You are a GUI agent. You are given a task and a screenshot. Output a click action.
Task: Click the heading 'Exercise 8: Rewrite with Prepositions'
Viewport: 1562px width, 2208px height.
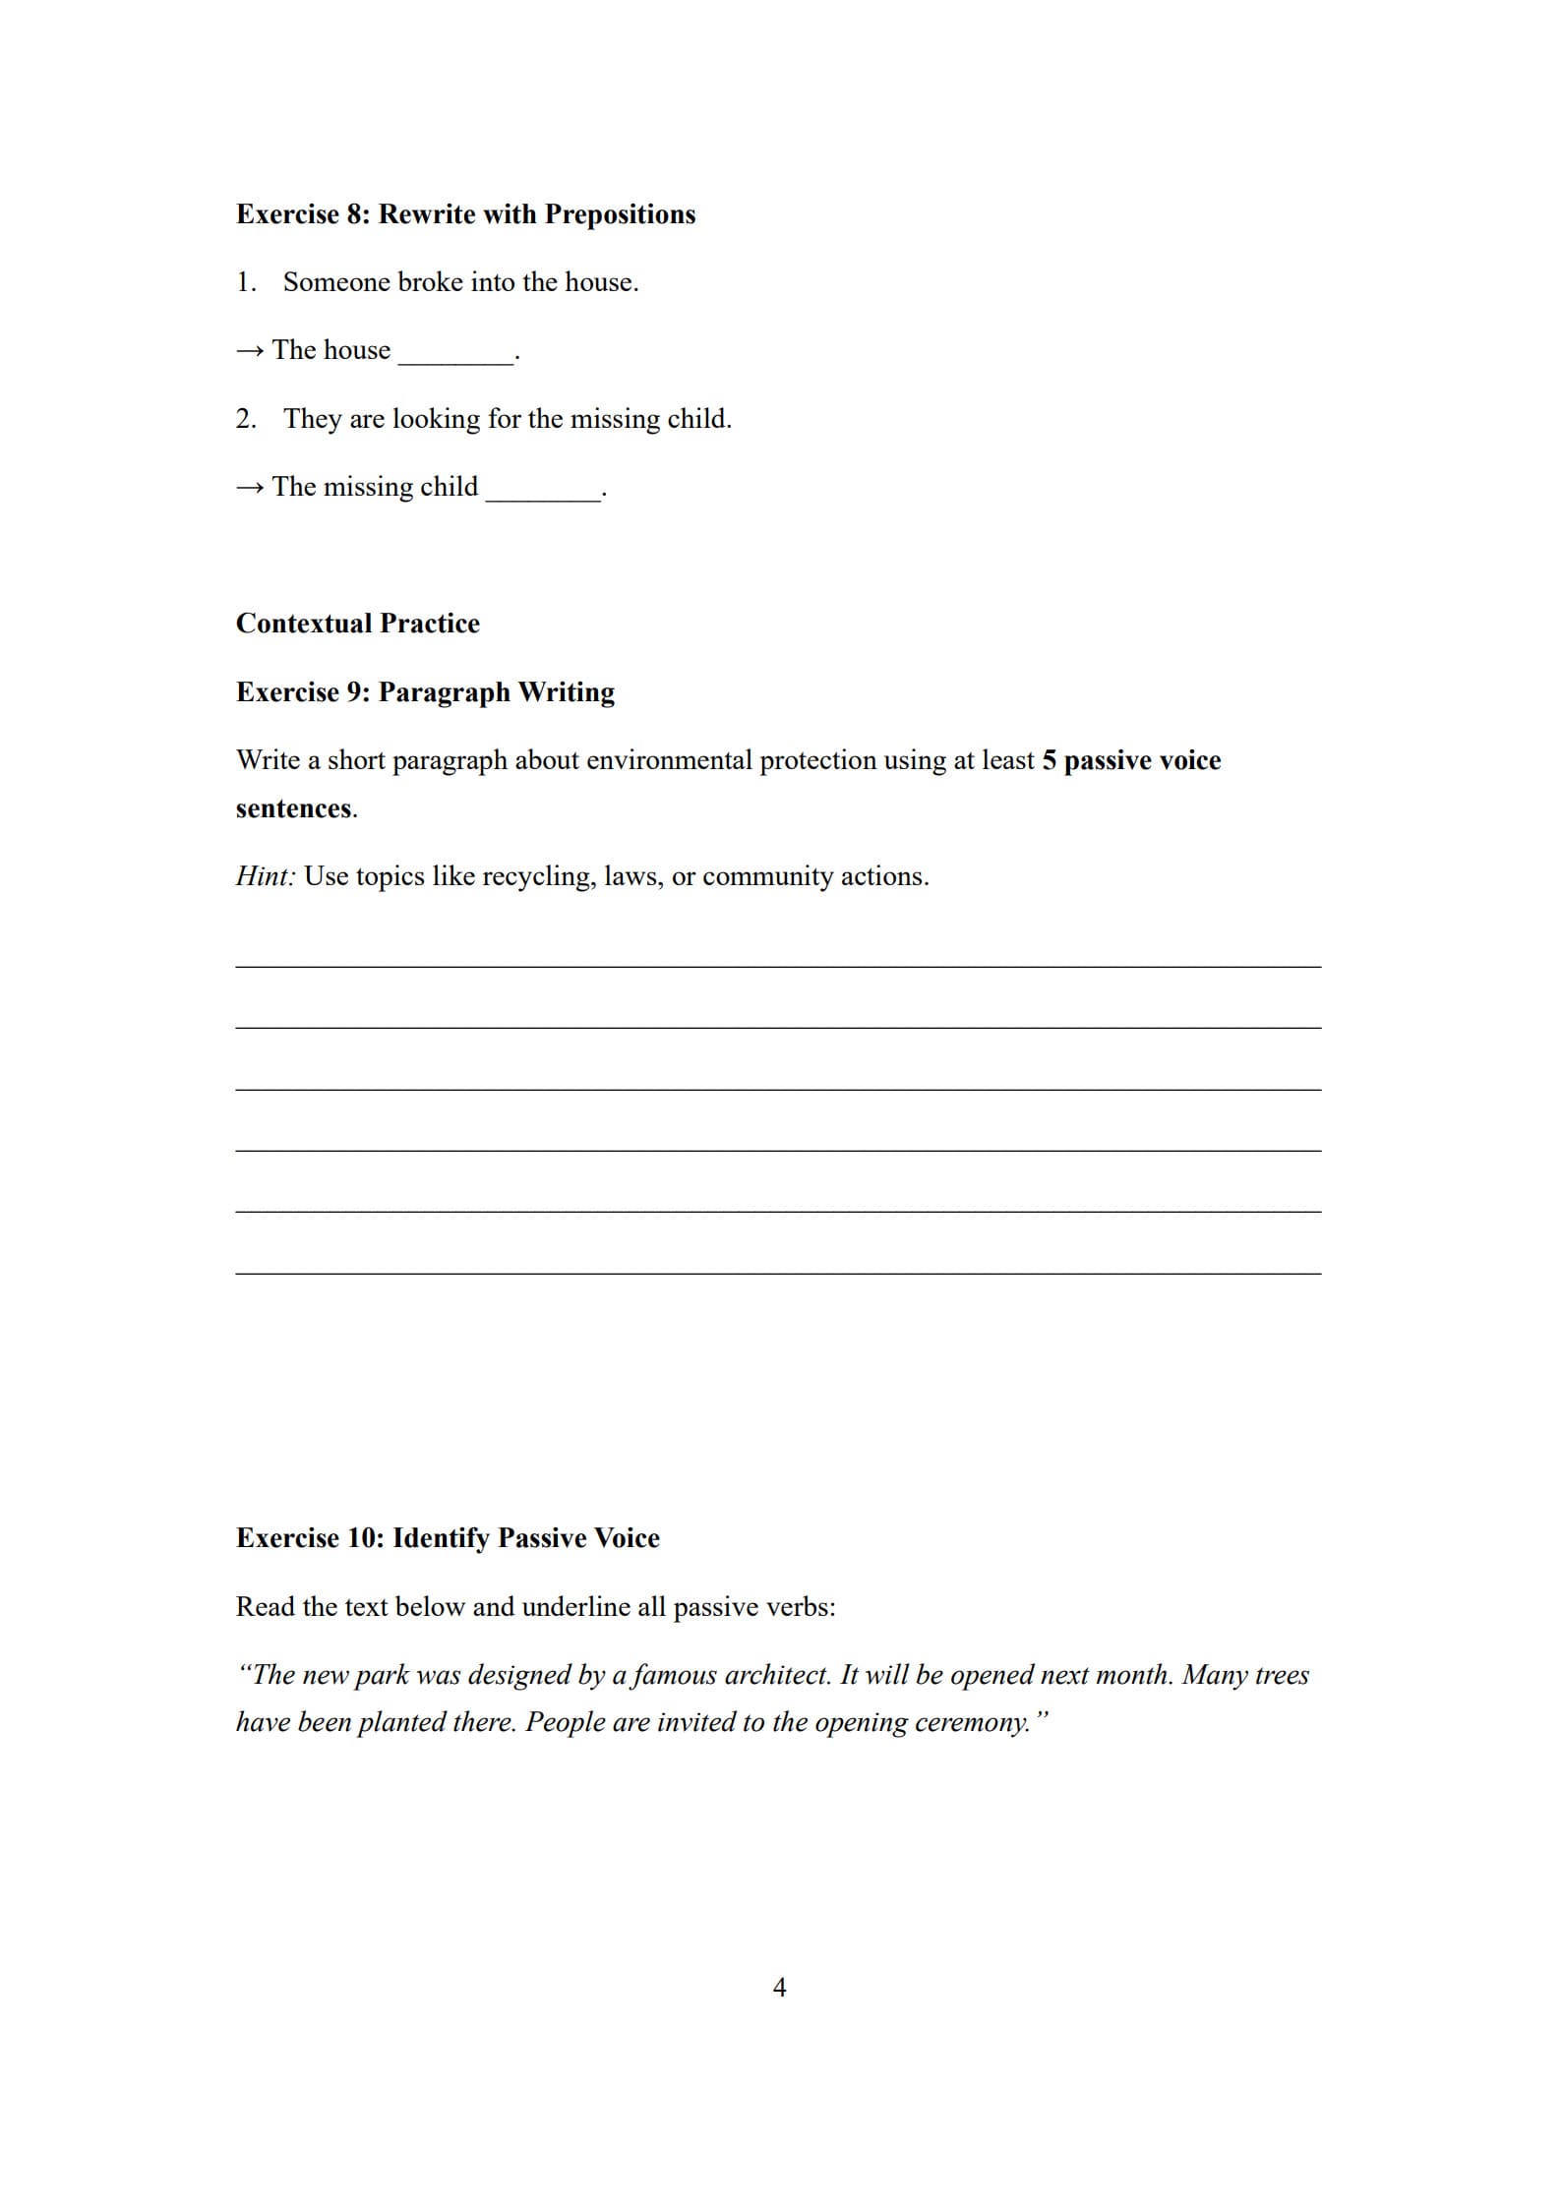(x=465, y=214)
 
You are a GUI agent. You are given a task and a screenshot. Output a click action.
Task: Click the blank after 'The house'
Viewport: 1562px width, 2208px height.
(x=454, y=355)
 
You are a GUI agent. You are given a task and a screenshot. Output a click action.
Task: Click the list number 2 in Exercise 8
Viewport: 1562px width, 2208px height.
(x=245, y=419)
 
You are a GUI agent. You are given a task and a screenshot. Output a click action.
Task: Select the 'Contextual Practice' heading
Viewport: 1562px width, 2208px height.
(x=358, y=624)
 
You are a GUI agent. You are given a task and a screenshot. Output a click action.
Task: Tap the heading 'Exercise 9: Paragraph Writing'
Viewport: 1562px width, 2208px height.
(x=425, y=692)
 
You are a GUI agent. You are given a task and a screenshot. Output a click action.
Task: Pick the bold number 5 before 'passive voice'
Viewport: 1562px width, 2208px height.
(x=1049, y=760)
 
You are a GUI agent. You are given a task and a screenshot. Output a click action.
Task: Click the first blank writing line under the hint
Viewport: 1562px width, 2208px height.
(x=778, y=966)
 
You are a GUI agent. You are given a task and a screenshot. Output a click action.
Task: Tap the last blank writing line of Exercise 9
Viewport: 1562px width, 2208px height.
(x=778, y=1273)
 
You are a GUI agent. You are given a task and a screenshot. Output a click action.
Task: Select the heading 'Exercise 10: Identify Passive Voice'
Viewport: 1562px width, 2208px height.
(x=448, y=1538)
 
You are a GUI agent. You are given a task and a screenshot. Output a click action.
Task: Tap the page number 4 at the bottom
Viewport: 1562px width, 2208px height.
(x=779, y=1988)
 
